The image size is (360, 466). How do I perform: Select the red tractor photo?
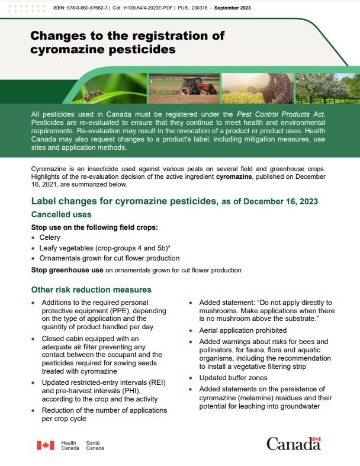pyautogui.click(x=184, y=88)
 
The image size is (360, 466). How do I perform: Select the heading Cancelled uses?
pyautogui.click(x=61, y=214)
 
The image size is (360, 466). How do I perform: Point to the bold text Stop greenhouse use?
pyautogui.click(x=67, y=270)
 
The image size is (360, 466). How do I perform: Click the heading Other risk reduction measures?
pyautogui.click(x=91, y=290)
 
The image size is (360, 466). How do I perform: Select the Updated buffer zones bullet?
pyautogui.click(x=233, y=377)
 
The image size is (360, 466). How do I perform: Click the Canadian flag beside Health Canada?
pyautogui.click(x=46, y=445)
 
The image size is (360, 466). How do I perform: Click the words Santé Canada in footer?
pyautogui.click(x=95, y=445)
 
